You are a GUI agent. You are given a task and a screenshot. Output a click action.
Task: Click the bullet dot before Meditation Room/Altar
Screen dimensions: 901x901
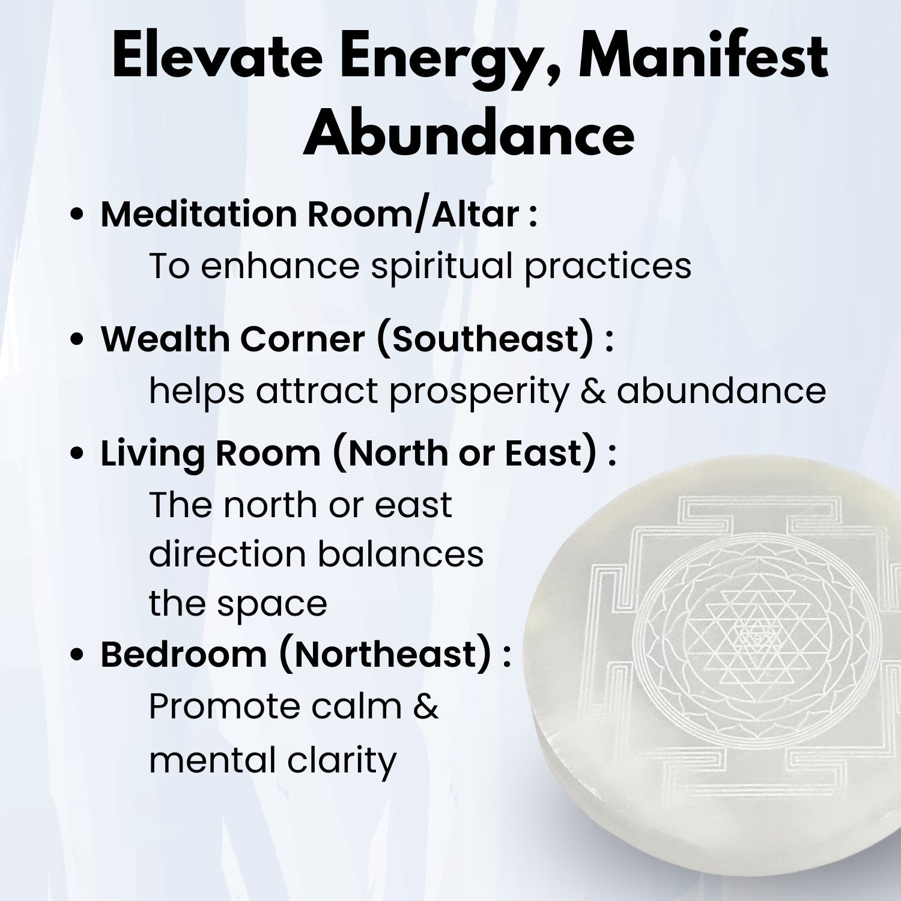point(76,216)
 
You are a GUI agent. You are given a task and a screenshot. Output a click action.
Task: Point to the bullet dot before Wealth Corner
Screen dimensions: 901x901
point(76,340)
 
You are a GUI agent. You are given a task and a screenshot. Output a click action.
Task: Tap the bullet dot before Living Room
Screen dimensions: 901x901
point(76,454)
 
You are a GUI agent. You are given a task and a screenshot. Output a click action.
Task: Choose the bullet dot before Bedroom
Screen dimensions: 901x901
point(76,656)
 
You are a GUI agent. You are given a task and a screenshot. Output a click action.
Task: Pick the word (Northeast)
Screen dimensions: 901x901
point(387,655)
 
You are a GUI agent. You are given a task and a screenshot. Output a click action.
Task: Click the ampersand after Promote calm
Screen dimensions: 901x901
point(426,706)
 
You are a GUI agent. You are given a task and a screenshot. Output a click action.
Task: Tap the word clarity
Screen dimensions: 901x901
point(342,760)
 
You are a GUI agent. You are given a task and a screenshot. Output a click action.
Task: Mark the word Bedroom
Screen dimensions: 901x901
point(183,655)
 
